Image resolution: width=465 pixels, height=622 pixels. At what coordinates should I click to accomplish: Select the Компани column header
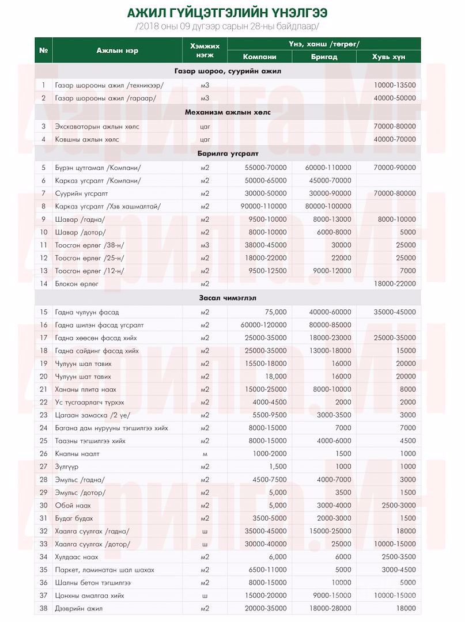(x=259, y=56)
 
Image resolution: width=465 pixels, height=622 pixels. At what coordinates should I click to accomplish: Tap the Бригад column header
(x=324, y=56)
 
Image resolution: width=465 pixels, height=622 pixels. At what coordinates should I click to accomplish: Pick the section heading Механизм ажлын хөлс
(x=228, y=112)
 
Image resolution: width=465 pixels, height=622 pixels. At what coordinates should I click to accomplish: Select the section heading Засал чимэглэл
(x=228, y=298)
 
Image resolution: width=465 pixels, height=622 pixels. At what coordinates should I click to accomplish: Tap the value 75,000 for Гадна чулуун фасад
(x=275, y=312)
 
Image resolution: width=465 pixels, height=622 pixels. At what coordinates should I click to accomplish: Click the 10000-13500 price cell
(x=395, y=85)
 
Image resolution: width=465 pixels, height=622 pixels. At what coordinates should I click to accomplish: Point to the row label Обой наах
(x=73, y=505)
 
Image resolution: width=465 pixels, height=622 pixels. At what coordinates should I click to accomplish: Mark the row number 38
(x=43, y=608)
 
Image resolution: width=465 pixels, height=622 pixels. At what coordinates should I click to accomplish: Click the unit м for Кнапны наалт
(x=205, y=454)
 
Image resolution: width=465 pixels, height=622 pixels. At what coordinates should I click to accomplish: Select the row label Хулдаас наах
(x=77, y=557)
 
